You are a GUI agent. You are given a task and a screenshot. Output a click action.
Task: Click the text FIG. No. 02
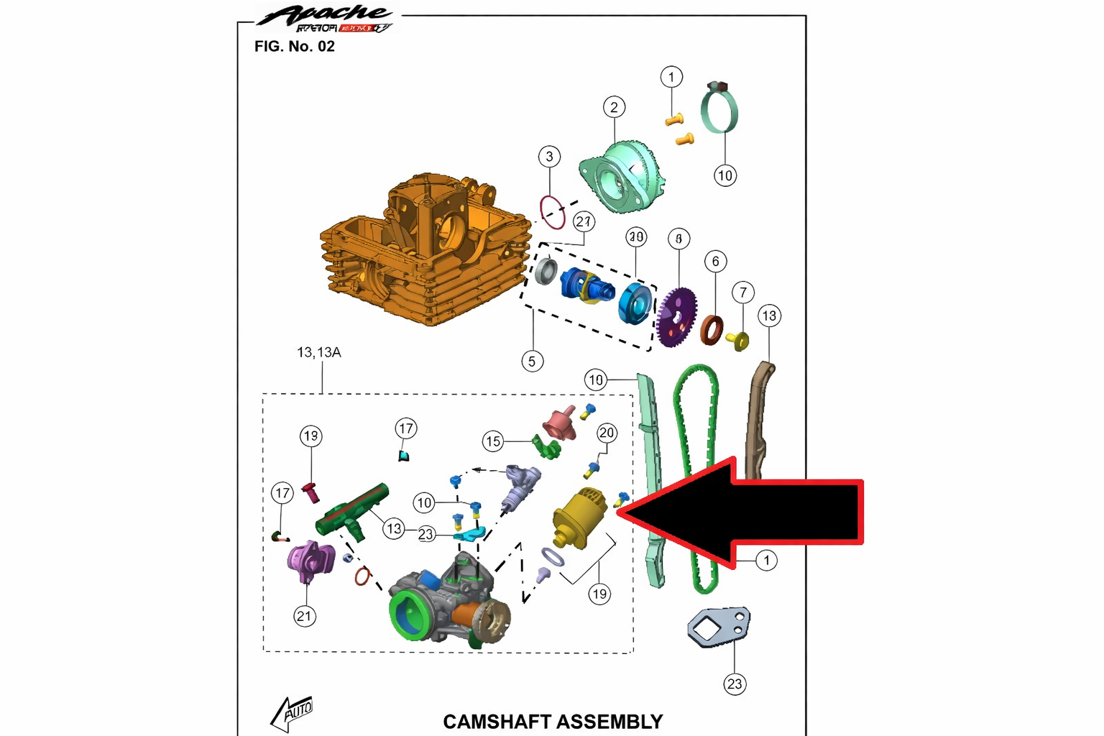coord(295,47)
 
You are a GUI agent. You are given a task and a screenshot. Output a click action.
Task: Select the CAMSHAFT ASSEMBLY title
coord(552,721)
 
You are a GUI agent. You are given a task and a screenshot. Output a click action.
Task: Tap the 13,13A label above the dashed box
coord(319,352)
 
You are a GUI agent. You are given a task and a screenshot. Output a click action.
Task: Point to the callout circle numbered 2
coord(614,108)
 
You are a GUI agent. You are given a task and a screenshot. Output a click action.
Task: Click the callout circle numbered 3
coord(549,157)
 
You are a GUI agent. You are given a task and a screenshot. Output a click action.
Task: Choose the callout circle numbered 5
coord(532,361)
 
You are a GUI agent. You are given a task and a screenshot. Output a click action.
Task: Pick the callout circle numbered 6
coord(715,262)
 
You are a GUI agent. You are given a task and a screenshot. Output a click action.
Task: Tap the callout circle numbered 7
coord(743,293)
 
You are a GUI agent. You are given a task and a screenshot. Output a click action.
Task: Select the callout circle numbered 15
coord(493,441)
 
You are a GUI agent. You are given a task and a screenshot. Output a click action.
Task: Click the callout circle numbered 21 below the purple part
coord(305,616)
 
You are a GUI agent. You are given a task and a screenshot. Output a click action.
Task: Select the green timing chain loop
coord(696,474)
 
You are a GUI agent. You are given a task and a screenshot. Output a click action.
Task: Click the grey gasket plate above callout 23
coord(719,627)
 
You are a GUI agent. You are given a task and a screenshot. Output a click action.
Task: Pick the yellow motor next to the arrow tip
coord(579,517)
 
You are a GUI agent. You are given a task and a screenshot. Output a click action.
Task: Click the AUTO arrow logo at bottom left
coord(293,713)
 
